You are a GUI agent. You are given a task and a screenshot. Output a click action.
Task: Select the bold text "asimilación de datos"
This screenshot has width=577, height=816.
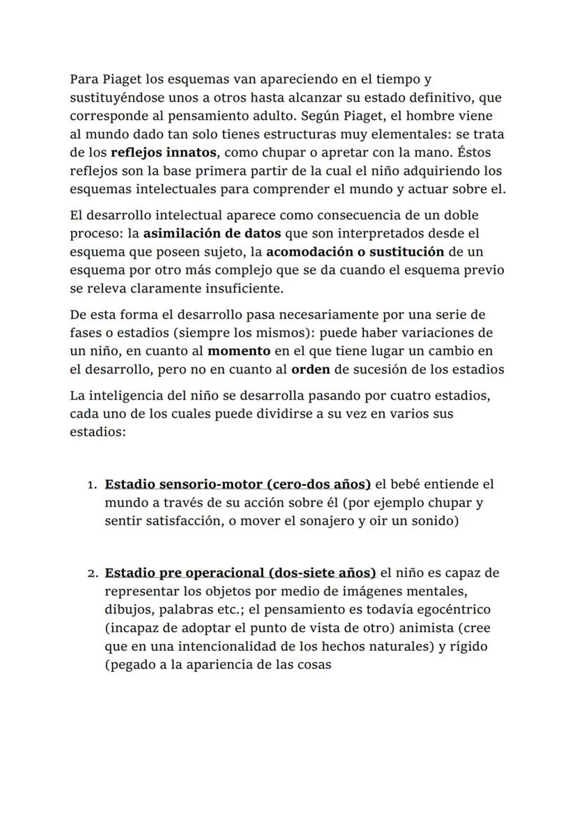tap(212, 233)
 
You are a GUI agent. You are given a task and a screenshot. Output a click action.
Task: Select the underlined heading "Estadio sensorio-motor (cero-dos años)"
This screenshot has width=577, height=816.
tap(238, 484)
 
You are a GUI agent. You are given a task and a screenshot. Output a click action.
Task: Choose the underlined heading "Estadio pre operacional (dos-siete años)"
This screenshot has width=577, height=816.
tap(240, 573)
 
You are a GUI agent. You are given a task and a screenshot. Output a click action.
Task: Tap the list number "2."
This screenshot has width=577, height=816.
tap(93, 574)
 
